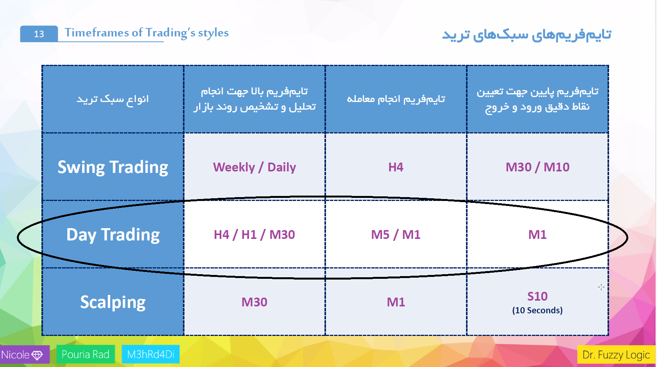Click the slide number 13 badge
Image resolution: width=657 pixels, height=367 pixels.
39,34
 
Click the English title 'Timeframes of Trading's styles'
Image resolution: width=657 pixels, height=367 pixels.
147,33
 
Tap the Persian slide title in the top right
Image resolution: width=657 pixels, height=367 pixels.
527,34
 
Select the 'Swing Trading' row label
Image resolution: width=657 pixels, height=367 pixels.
113,167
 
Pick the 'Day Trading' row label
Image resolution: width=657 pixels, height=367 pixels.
113,235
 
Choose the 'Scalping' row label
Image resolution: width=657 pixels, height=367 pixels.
113,302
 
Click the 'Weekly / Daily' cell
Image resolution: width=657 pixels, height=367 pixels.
254,167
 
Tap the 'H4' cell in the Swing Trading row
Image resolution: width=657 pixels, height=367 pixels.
396,167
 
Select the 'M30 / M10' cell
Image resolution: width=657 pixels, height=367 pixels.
537,167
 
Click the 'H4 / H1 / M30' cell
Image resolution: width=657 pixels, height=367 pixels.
254,235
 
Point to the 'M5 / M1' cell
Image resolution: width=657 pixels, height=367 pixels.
396,235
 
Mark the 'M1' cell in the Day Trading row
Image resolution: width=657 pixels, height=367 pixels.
537,235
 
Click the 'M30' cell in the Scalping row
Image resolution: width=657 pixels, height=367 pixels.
254,302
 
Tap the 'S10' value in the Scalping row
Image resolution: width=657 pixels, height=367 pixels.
537,296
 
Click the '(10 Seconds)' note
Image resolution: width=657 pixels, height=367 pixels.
537,310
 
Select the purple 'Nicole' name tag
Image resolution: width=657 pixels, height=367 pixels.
25,355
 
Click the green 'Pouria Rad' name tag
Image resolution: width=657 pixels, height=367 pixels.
86,354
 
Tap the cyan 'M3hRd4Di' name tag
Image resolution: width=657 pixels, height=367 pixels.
150,354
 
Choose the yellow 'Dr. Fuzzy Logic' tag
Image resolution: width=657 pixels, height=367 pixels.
616,355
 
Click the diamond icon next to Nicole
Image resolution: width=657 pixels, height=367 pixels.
37,355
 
